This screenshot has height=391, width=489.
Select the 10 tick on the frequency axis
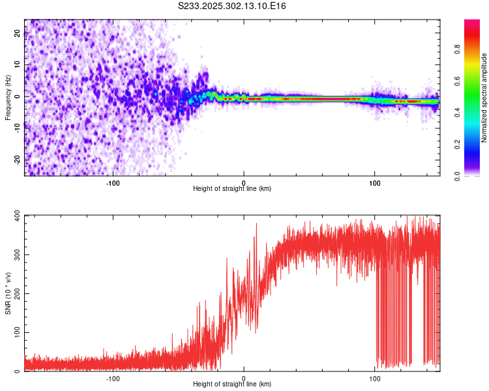18,65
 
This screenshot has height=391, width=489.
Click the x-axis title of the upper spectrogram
232,188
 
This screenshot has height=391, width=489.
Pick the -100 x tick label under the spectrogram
113,182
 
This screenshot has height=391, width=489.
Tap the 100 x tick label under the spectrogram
375,182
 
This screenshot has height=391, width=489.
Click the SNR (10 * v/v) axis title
8,293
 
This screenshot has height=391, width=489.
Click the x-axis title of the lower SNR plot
232,384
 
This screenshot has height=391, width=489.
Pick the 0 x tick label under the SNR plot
244,377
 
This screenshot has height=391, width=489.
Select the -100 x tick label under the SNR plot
113,377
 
